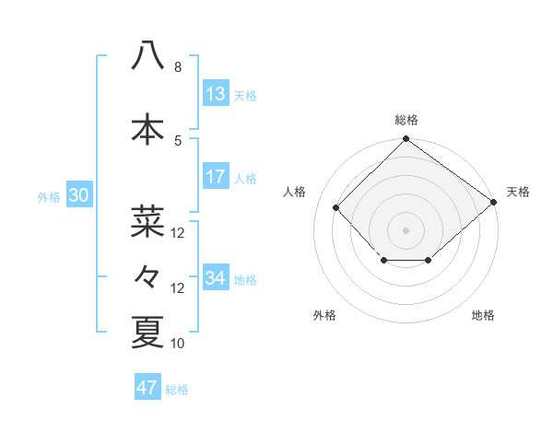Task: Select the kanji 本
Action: point(147,129)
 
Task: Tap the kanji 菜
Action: point(147,221)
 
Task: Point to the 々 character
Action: point(147,276)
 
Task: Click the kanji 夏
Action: point(147,333)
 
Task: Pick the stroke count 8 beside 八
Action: point(177,67)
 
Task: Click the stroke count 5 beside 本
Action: point(177,140)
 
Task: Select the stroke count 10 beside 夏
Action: point(178,344)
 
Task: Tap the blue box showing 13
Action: point(216,94)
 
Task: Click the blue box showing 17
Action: point(216,177)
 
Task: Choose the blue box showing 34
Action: point(216,278)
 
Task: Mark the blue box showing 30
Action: point(78,195)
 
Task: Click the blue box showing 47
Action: point(147,388)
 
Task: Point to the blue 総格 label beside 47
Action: point(177,390)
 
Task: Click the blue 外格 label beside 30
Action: point(49,196)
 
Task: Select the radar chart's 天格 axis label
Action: point(519,192)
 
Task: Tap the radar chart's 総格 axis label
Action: point(406,120)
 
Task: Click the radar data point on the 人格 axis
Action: point(336,208)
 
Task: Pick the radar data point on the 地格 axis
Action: point(429,262)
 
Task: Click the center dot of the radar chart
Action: point(406,229)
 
